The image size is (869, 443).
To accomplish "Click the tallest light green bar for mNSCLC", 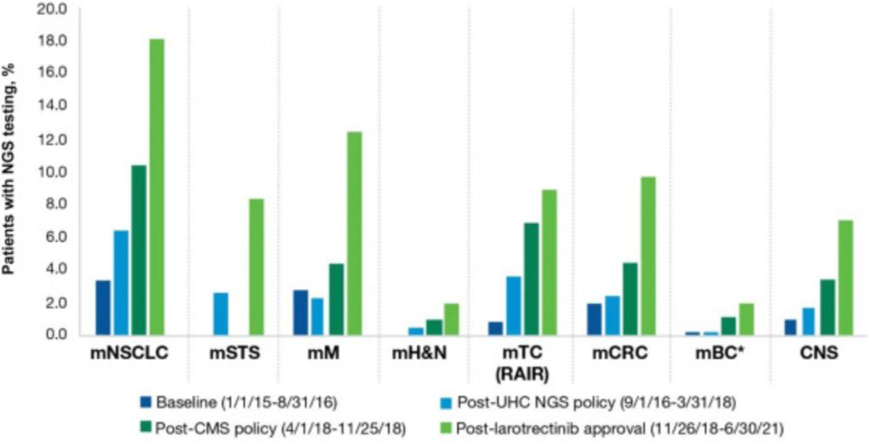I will click(x=156, y=187).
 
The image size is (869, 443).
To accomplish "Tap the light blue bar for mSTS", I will click(x=221, y=314).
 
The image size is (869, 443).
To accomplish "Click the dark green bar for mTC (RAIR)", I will click(x=531, y=279).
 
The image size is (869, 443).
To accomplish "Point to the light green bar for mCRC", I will click(x=647, y=255).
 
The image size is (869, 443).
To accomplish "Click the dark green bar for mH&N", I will click(x=434, y=327).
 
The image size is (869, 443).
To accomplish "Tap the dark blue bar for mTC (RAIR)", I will click(x=495, y=328).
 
